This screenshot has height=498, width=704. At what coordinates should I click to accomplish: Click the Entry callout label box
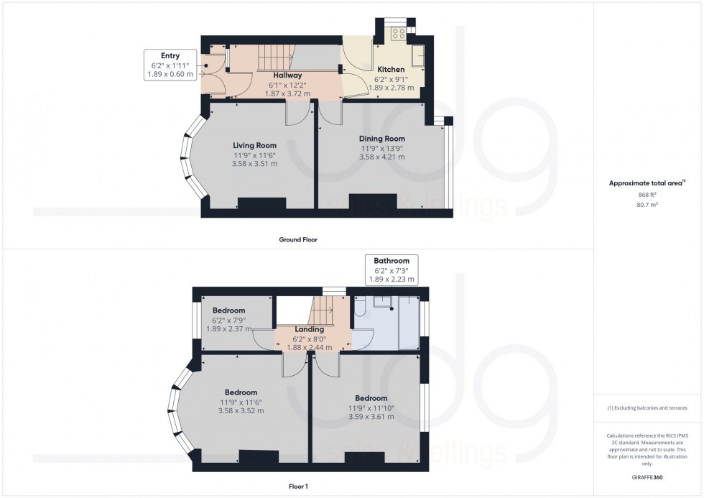(x=170, y=65)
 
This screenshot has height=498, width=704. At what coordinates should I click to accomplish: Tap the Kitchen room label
(x=389, y=70)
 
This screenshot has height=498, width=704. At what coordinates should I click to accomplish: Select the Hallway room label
(x=287, y=75)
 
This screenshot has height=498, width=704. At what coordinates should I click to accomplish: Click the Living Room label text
(x=254, y=146)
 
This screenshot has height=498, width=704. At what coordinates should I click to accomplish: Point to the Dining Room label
(x=382, y=139)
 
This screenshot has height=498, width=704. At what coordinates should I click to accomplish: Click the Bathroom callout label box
(x=392, y=270)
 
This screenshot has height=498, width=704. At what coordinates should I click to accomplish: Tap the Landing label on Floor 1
(x=310, y=329)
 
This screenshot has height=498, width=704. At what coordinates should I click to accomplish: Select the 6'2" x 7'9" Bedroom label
(x=228, y=310)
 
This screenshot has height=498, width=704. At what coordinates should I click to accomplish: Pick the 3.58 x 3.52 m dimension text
(x=242, y=411)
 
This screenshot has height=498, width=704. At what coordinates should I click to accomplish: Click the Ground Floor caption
(x=298, y=239)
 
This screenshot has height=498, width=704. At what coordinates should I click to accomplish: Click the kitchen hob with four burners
(x=397, y=33)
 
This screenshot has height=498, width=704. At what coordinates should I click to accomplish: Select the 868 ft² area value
(x=648, y=194)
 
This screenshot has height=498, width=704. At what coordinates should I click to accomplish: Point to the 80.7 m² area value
(x=648, y=204)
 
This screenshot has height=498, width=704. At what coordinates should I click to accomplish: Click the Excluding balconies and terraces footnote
(x=648, y=408)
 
